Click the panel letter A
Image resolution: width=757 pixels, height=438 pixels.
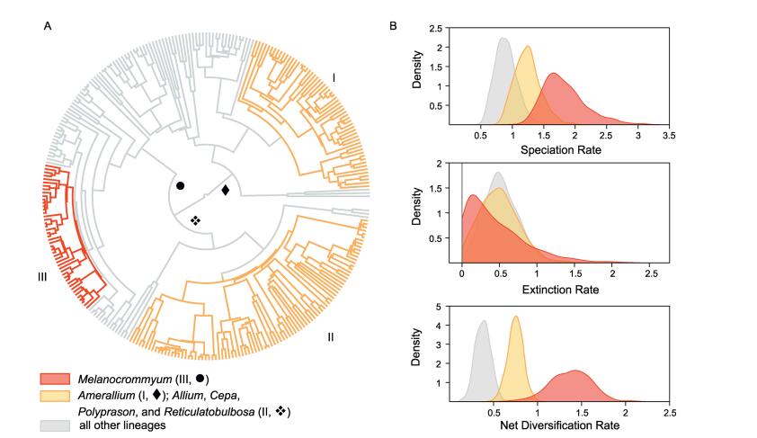pos(48,27)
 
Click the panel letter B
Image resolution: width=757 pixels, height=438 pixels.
pos(394,27)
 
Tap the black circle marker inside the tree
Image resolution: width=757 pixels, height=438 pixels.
pos(181,186)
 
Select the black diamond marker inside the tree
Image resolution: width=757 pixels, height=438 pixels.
pos(225,190)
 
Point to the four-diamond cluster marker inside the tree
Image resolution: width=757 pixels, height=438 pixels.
pos(195,220)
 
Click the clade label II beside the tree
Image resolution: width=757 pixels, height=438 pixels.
pos(331,337)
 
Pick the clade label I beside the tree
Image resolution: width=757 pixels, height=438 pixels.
pos(334,78)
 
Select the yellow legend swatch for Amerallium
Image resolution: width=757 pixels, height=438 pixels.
pos(56,396)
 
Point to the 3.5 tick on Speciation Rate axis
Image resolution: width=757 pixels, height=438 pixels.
pos(668,136)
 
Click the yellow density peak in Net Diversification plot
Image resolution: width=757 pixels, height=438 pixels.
pos(515,317)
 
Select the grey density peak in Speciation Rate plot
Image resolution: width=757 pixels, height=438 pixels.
pos(503,40)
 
